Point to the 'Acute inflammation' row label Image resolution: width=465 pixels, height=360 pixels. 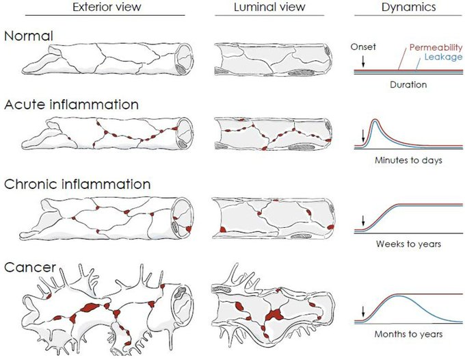point(72,105)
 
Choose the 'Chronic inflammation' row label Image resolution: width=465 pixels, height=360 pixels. point(78,184)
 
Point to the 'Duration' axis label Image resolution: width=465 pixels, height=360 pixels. point(408,85)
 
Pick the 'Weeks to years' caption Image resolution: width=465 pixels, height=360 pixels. point(408,243)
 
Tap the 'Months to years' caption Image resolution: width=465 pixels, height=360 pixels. point(408,334)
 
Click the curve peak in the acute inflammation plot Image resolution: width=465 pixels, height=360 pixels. point(375,122)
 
